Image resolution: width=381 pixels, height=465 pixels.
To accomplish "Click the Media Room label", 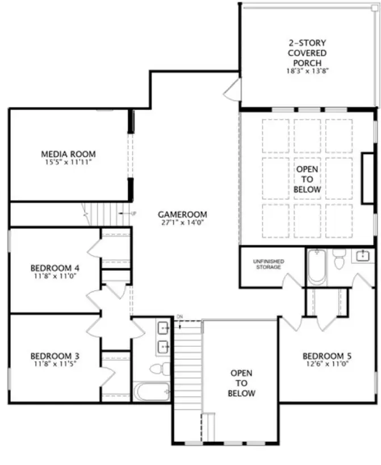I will pos(68,154).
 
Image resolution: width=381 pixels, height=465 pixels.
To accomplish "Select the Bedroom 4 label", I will pos(51,267).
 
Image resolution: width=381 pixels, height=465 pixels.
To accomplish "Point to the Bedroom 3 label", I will pos(55,356).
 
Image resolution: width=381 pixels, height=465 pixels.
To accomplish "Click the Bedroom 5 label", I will pos(326,356).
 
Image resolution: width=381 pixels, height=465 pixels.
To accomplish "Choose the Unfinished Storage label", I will pos(269,263).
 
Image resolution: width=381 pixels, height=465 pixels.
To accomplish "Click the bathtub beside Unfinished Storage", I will pos(315,267).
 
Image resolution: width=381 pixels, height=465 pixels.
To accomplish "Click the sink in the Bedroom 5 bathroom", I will pos(362,256).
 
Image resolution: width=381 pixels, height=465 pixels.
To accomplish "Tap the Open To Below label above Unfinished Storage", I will pos(307,179).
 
